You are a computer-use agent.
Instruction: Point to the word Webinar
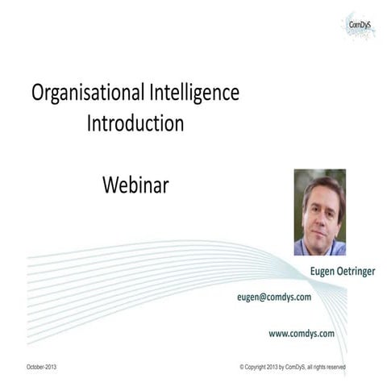135,185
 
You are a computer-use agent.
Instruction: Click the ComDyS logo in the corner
360,24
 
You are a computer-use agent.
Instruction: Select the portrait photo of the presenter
319,211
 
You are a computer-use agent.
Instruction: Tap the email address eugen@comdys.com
274,297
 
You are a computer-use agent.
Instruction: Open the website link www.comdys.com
302,332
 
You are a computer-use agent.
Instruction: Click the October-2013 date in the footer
41,367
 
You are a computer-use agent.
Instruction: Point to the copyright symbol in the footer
242,367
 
